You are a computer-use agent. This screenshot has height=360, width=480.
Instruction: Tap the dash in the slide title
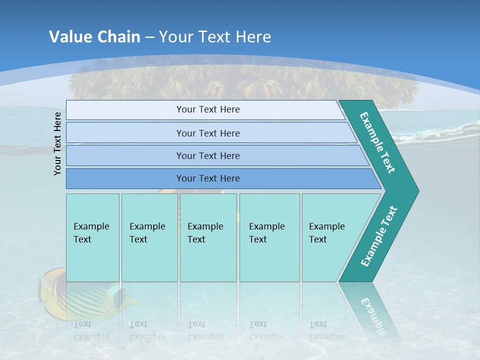(149, 37)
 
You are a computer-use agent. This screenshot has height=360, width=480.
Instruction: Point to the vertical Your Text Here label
(57, 143)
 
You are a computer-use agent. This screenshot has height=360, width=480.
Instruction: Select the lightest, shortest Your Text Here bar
(207, 109)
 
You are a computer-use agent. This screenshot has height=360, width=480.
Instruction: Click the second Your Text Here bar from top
(207, 133)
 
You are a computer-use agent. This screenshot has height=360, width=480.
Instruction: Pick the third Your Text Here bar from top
(207, 155)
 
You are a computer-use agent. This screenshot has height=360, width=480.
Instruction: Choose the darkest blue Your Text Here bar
(207, 178)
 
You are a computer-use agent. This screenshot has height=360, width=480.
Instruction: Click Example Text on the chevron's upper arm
(377, 142)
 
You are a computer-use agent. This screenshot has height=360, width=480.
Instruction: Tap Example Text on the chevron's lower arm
(379, 236)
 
